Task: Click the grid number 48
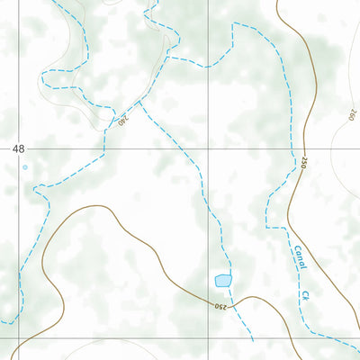[x=19, y=148]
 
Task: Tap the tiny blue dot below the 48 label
[x=24, y=167]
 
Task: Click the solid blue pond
[x=222, y=281]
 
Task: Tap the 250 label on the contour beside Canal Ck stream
[x=304, y=163]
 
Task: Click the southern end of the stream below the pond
[x=252, y=339]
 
